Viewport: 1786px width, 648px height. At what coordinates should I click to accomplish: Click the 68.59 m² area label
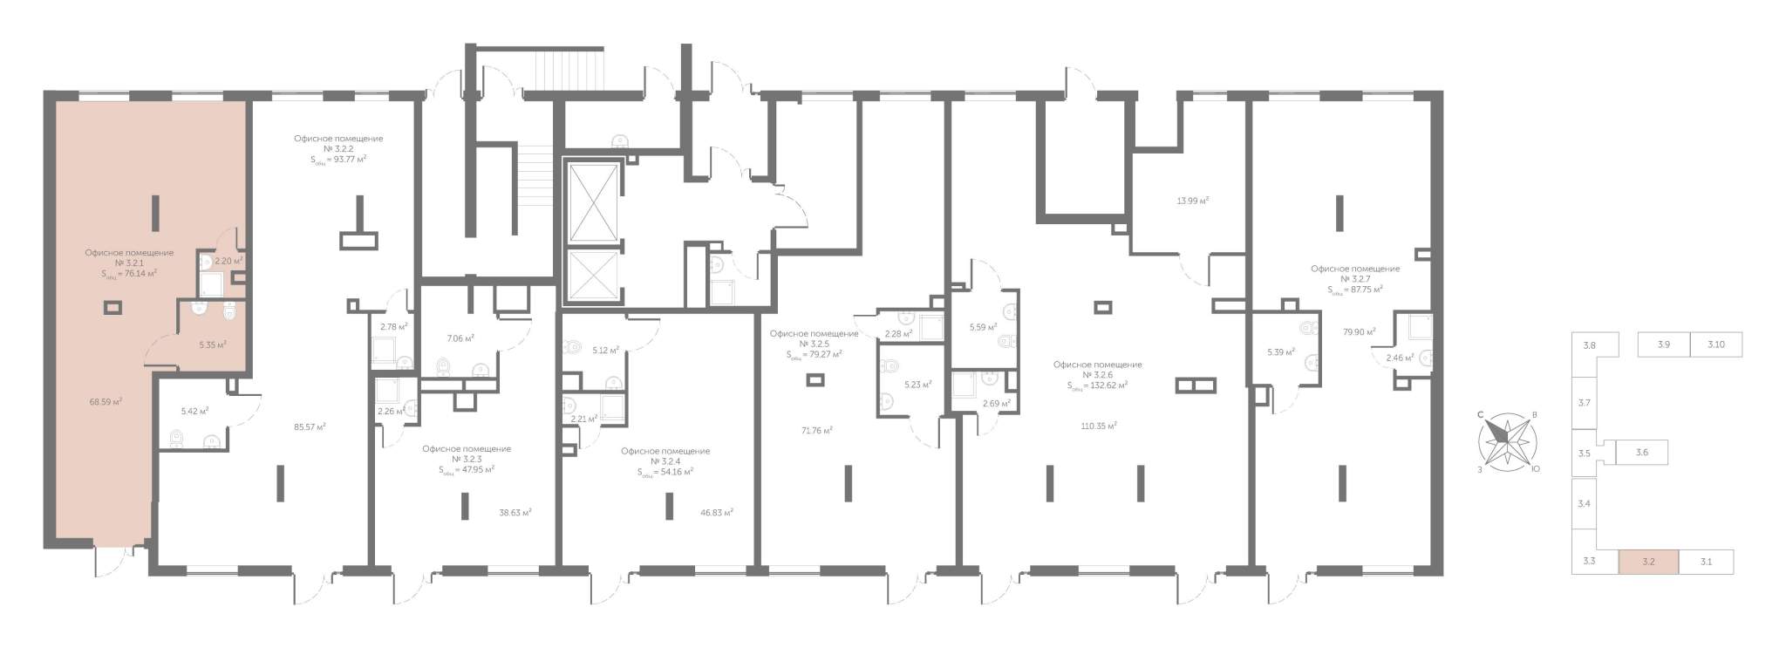[106, 402]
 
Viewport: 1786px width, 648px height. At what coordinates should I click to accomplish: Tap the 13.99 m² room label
[1193, 201]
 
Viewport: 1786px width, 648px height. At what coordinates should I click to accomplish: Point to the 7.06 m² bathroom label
[460, 338]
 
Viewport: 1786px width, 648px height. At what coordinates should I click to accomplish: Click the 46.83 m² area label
[717, 513]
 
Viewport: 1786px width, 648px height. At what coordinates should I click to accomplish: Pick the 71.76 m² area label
[817, 430]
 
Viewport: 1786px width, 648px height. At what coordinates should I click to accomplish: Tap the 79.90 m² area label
[1360, 331]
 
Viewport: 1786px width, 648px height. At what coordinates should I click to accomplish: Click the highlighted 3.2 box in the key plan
[1648, 562]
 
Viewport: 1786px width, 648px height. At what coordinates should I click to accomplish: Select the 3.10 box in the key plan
[1715, 344]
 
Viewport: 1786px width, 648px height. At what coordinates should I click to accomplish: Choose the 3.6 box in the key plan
[1642, 453]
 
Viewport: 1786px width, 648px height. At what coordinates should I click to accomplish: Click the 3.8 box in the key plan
[1590, 345]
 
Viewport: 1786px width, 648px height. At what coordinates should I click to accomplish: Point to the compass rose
[1506, 440]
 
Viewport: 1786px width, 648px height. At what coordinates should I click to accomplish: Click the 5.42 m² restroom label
[194, 410]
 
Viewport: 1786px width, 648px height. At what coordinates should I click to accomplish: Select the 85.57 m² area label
[310, 427]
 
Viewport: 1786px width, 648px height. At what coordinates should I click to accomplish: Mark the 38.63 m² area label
[515, 513]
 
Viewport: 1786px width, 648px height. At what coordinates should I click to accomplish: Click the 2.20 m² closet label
[228, 260]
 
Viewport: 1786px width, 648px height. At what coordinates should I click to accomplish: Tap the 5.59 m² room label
[983, 328]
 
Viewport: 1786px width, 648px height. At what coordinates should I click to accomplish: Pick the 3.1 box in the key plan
[1706, 562]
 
